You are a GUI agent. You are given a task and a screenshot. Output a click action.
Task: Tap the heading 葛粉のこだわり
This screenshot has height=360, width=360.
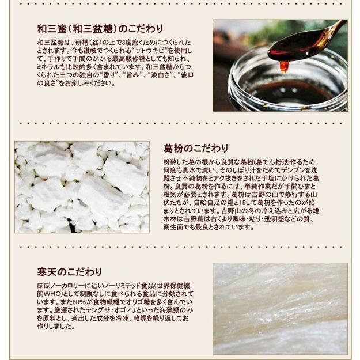click(x=196, y=148)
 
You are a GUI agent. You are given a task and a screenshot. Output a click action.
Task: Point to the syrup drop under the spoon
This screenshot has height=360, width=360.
click(x=283, y=66)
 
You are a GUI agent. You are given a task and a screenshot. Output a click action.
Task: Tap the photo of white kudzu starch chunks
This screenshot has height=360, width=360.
click(x=82, y=187)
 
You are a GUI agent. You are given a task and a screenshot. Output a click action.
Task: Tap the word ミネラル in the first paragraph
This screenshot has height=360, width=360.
click(x=49, y=67)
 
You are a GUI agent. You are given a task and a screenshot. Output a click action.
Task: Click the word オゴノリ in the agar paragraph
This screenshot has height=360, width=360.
click(x=131, y=310)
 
